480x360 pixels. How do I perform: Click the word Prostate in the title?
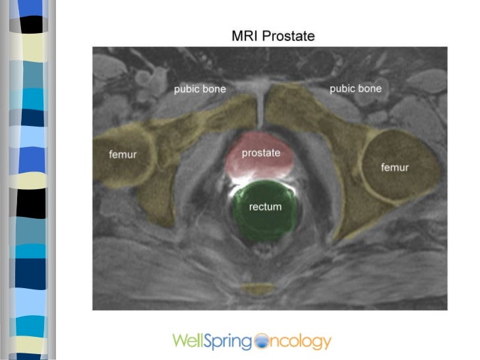(x=288, y=35)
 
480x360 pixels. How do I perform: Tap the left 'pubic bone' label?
(x=200, y=89)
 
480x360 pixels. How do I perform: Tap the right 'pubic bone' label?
(x=355, y=88)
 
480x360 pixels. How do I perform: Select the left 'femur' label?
(x=122, y=155)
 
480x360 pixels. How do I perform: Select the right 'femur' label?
(x=395, y=167)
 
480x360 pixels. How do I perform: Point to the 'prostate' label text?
(x=261, y=153)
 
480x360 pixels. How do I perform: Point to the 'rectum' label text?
(x=265, y=206)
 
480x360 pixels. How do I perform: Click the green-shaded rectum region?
(x=265, y=221)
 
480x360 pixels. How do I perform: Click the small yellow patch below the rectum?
(x=258, y=289)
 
